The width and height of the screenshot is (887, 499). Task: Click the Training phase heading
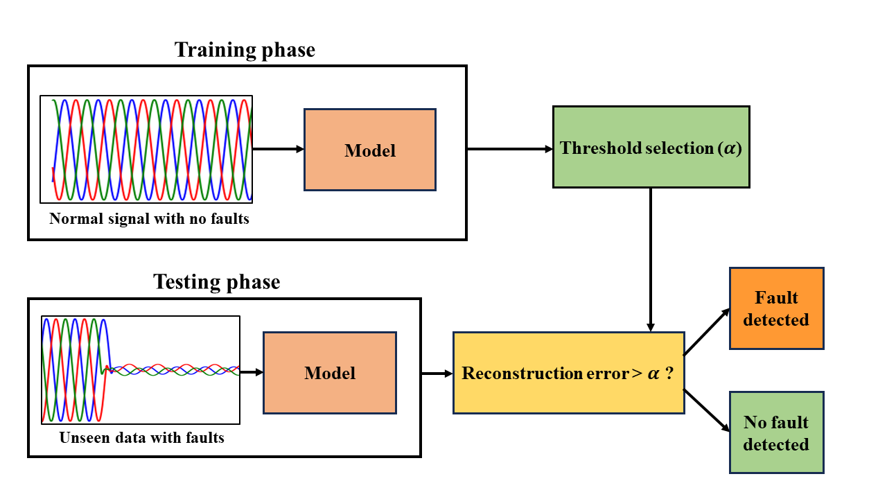coord(245,50)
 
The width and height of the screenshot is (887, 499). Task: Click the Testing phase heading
coord(216,282)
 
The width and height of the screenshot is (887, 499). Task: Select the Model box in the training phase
coord(370,150)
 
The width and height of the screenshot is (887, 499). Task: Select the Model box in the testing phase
coord(329,373)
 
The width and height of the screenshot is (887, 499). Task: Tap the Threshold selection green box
coord(651,147)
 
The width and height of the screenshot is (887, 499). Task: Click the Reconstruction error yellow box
coord(568,373)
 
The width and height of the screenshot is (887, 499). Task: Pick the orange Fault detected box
coord(776,308)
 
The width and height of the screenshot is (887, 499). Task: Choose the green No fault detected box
coord(776,433)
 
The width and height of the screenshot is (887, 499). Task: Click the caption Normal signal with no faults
coord(149,219)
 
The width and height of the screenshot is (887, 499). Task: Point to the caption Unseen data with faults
coord(141,438)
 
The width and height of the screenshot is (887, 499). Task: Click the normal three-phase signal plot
coord(146,149)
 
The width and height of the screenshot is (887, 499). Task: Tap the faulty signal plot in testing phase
coord(141,370)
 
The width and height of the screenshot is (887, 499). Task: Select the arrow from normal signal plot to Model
coord(277,149)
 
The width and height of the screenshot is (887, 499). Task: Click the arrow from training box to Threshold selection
coord(509,149)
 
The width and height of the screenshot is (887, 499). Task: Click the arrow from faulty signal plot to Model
coord(252,372)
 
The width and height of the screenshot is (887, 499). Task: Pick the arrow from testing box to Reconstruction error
coord(437,374)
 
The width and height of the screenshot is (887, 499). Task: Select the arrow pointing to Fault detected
coord(707,332)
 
